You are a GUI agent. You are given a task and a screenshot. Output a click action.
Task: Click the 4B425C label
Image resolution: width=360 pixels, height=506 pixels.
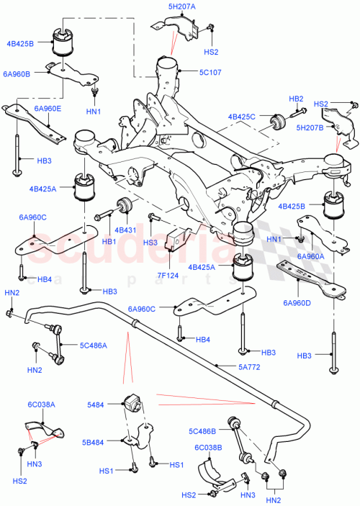(x=240, y=115)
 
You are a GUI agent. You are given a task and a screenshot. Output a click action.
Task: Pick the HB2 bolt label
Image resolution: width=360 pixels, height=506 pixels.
(x=296, y=98)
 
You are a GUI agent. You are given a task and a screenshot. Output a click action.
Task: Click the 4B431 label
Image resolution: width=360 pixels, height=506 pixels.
(x=126, y=230)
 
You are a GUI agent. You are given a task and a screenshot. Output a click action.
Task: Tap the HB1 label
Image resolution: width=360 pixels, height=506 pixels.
(x=109, y=240)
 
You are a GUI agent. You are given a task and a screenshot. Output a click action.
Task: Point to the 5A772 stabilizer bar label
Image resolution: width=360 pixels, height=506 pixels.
(x=250, y=366)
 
